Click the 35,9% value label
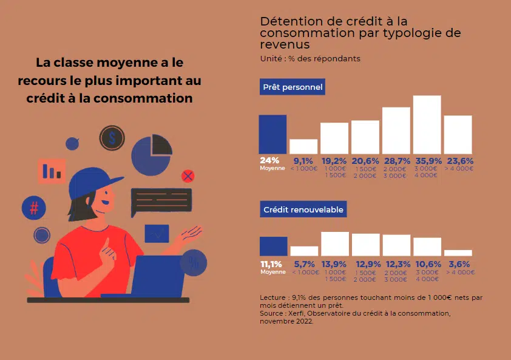pos(427,161)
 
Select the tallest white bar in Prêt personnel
pos(427,124)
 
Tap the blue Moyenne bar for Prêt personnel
pos(272,134)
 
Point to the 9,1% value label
pos(303,161)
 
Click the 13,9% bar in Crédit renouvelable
pos(335,243)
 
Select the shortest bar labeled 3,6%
pos(458,253)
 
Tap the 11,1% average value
pos(271,264)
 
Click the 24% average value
pos(269,161)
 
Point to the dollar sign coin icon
pos(112,138)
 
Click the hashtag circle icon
pos(34,208)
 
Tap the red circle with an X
pos(188,176)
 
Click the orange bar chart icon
pos(52,171)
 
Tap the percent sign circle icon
pos(194,263)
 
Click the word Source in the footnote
pos(271,313)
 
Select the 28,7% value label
pos(396,161)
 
